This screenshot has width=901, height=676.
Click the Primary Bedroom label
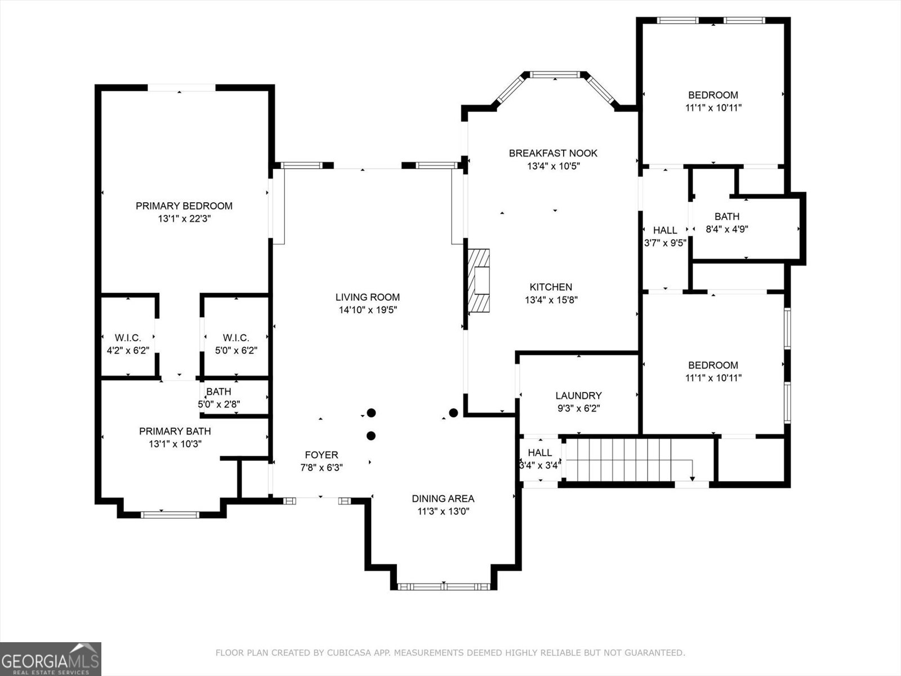point(184,206)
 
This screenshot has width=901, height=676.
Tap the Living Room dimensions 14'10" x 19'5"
point(368,310)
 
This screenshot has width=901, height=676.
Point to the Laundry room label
point(578,396)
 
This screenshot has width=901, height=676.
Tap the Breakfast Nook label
point(553,153)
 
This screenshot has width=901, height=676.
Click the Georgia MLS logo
point(50,659)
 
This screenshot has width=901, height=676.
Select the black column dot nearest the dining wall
point(453,413)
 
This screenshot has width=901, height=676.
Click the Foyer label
point(322,455)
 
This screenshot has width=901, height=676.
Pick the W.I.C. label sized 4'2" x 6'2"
point(128,338)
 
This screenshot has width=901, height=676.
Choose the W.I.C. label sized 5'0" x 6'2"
point(235,338)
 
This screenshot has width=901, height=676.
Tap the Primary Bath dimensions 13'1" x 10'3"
point(175,444)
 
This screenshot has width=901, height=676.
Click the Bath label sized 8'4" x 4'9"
point(726,216)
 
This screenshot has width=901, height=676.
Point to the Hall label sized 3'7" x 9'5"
point(665,230)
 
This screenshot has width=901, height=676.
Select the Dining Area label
point(443,499)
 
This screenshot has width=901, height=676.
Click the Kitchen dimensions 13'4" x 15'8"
point(551,300)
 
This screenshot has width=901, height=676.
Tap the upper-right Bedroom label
point(713,95)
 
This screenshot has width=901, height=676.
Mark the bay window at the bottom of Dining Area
point(443,586)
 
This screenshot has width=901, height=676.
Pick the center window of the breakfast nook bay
point(556,74)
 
